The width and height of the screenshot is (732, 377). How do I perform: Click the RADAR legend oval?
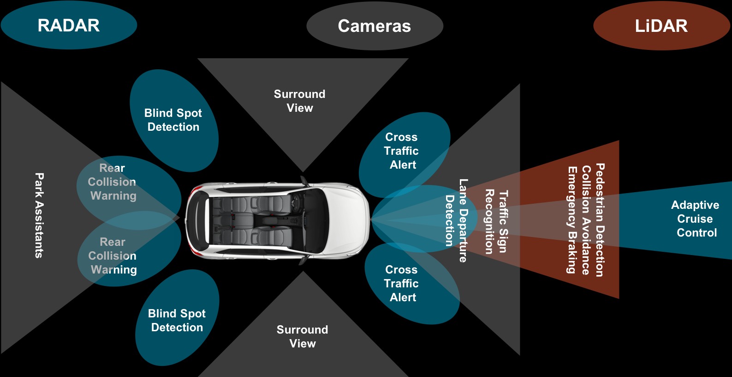pos(69,25)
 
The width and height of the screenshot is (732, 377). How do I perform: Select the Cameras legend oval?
pos(374,26)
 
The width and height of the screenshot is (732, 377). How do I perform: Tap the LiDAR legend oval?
pos(661,26)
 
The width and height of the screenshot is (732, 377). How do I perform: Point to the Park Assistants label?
pos(40,215)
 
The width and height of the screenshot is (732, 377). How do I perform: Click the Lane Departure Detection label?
pos(456,220)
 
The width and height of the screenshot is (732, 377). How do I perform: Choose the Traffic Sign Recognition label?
pos(496,221)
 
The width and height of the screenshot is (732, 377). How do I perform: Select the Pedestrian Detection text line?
pos(600,220)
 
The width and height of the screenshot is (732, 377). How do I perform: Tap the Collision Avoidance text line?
pos(586,220)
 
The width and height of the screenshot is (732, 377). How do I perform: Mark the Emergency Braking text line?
pos(572,220)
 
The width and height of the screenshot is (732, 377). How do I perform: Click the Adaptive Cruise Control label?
pos(696,219)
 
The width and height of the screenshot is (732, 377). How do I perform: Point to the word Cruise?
pos(695,219)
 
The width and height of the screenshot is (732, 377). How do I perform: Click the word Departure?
pos(463,236)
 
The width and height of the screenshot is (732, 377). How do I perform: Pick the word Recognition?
pos(489,221)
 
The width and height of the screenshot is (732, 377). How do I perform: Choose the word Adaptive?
pos(695,205)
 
